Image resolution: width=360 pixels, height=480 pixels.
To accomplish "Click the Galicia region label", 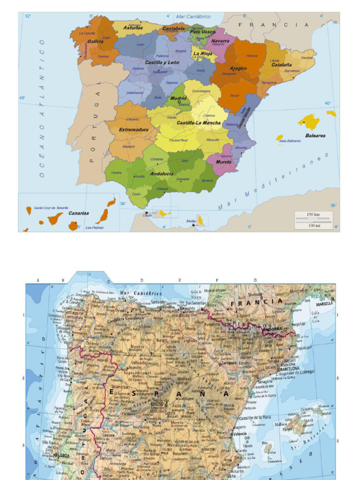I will point(95,41).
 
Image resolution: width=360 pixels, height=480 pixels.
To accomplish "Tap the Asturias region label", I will point(133,28).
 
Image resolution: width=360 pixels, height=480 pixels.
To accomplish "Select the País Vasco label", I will point(202,32).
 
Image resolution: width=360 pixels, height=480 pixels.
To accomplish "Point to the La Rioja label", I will point(202,53).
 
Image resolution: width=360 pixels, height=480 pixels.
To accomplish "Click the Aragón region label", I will point(238,68).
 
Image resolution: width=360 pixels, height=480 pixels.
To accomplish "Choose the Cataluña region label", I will point(281,65).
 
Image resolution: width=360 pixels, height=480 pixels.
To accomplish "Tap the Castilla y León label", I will point(162,62).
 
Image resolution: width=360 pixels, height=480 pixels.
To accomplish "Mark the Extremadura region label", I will point(134,129).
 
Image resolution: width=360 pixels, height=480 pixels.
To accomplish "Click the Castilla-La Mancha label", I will point(198,123).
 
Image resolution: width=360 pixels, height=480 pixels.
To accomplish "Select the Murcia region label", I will point(223,162).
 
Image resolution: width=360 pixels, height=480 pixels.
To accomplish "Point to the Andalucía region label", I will point(162,173).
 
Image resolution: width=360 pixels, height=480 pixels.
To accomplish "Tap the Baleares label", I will point(315,135).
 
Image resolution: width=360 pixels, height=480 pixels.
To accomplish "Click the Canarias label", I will point(79,213).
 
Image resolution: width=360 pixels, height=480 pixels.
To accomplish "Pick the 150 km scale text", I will point(313,214).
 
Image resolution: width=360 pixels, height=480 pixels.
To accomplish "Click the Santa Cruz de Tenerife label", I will point(51,208).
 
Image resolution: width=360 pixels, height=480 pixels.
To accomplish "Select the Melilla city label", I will point(191,221).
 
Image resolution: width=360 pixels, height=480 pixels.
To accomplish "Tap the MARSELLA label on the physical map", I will point(324,303).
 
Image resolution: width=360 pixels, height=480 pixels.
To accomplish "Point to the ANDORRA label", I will point(273,329).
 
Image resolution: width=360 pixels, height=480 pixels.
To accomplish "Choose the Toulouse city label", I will point(255,295).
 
